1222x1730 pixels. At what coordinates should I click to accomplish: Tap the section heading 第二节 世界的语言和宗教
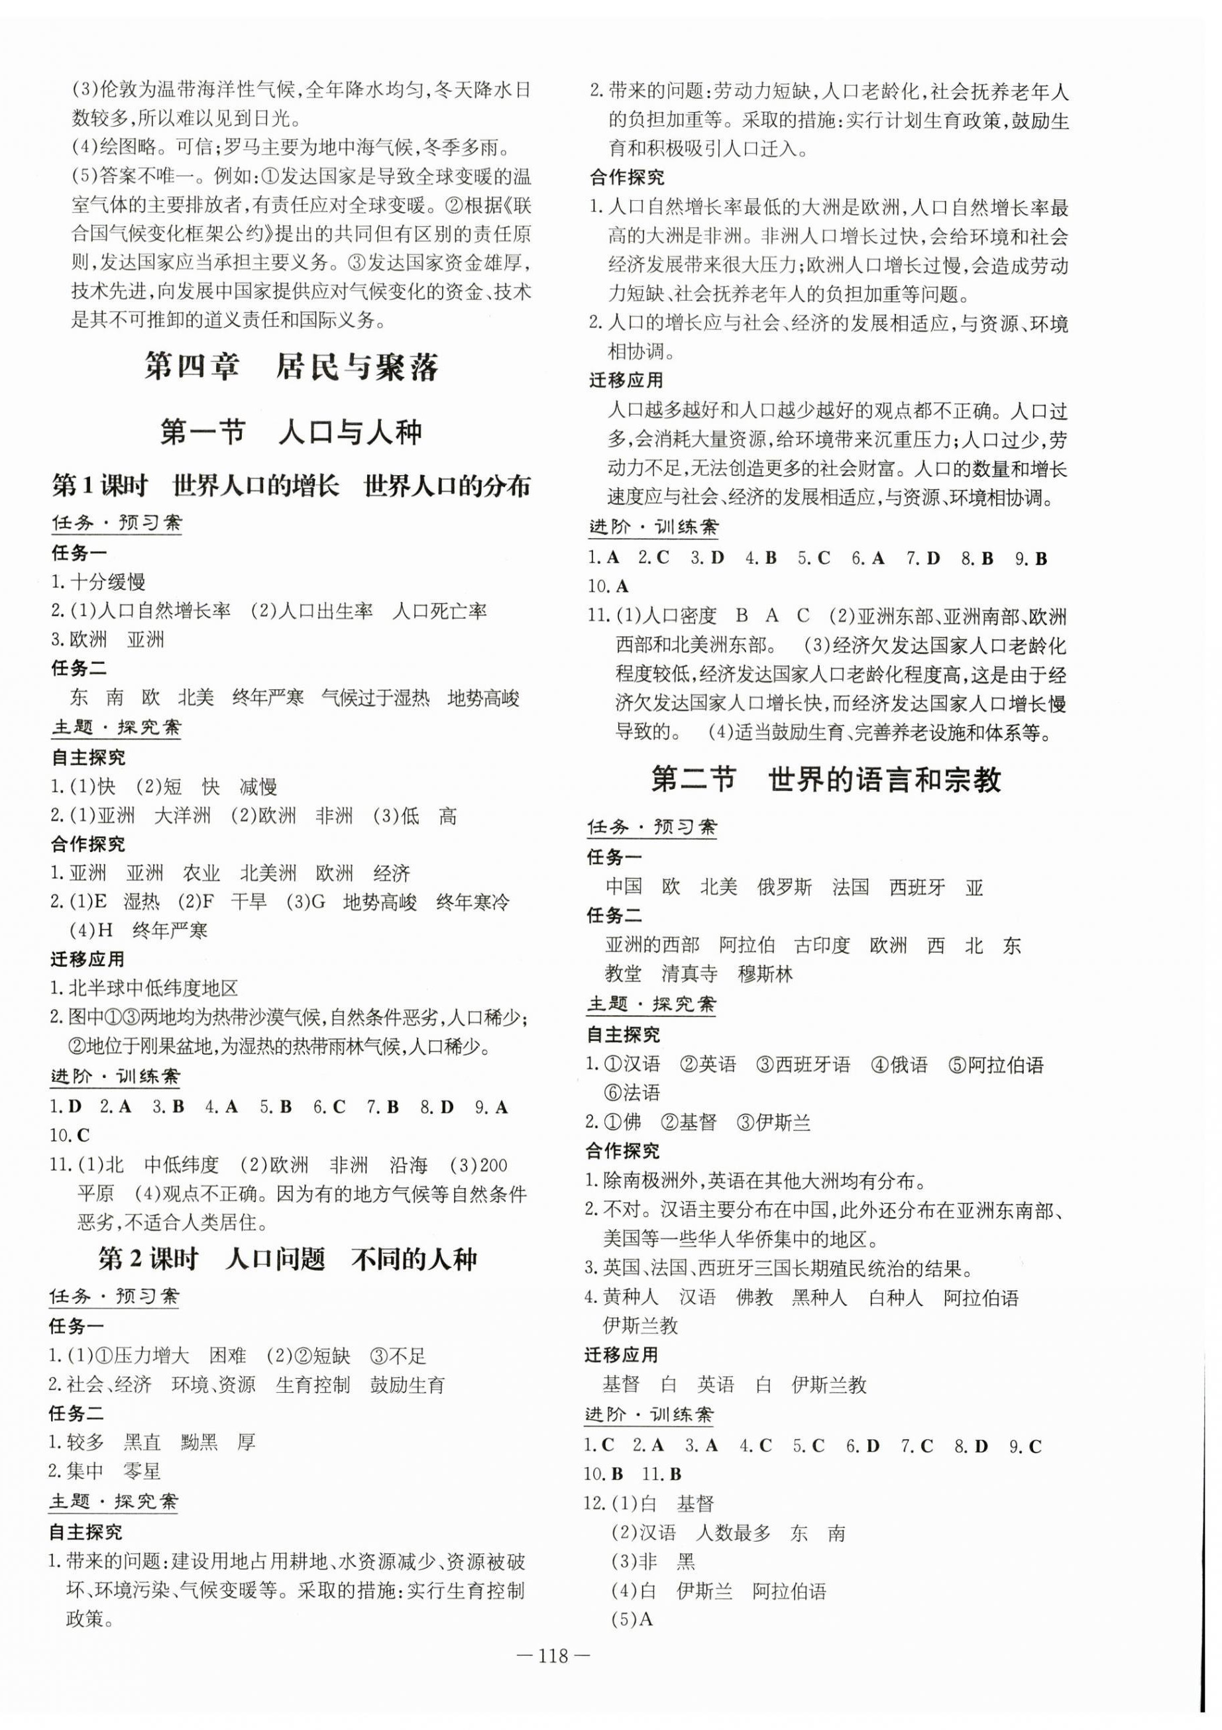(x=826, y=779)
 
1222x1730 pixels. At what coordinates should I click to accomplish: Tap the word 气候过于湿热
(x=374, y=697)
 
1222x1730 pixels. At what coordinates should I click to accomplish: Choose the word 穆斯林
(x=765, y=973)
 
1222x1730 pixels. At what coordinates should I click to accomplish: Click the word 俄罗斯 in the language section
(x=784, y=887)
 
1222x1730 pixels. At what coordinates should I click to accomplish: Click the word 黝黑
(x=199, y=1441)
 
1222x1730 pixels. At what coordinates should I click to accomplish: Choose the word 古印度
(x=822, y=945)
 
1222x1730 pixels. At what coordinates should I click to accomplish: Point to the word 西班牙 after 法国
(x=917, y=887)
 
